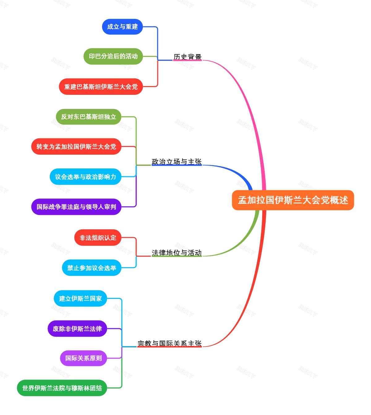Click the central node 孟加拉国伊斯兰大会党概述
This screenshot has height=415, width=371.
click(293, 200)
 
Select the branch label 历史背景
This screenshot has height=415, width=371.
click(187, 57)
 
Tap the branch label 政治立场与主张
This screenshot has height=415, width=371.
click(177, 161)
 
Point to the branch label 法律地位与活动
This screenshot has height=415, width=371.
click(177, 253)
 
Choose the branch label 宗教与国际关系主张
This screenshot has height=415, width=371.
click(169, 343)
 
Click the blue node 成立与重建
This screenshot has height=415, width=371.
click(122, 27)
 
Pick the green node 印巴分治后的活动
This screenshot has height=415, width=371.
click(113, 56)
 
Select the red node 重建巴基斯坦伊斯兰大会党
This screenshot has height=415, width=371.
click(101, 87)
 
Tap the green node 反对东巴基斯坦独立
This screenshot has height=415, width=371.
click(88, 117)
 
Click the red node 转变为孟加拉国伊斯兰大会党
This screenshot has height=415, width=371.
click(76, 146)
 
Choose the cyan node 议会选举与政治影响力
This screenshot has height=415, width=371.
click(85, 177)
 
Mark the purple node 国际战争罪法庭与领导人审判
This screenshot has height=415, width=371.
click(76, 207)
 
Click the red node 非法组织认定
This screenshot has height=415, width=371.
click(98, 237)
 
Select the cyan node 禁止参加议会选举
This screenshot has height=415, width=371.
click(92, 268)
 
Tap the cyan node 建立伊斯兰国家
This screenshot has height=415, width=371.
click(80, 298)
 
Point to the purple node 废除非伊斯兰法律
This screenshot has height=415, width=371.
click(77, 329)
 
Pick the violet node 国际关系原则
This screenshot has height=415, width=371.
click(83, 358)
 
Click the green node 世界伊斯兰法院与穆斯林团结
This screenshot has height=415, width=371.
click(62, 388)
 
